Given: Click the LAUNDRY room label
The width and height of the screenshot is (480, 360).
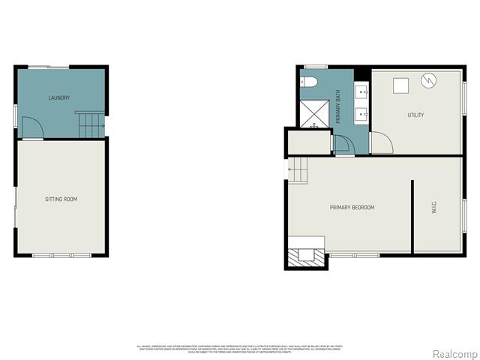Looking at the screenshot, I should coord(59,98).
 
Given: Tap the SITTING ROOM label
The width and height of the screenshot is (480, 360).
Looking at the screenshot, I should coord(61,199).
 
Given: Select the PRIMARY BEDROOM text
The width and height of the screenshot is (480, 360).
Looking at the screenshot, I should coord(352,208).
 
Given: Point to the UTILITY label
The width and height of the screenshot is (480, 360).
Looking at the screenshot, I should coord(415,115).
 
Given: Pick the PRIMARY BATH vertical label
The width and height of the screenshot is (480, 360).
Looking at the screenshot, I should coord(338,108).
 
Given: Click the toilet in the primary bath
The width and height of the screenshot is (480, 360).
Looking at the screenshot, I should coord(310,82).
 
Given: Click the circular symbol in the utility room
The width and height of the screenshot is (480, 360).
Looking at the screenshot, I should coord(427,79).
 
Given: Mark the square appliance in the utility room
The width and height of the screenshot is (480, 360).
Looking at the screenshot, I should coord(400,84).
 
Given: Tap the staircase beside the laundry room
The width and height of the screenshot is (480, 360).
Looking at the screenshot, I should coord(90,125).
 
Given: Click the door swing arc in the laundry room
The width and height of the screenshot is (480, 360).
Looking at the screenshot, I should coord(32,129).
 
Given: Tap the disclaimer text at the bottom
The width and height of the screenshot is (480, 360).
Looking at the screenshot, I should coord(239,349).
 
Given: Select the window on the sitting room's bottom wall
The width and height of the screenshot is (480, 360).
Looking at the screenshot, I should coord(61,256).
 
